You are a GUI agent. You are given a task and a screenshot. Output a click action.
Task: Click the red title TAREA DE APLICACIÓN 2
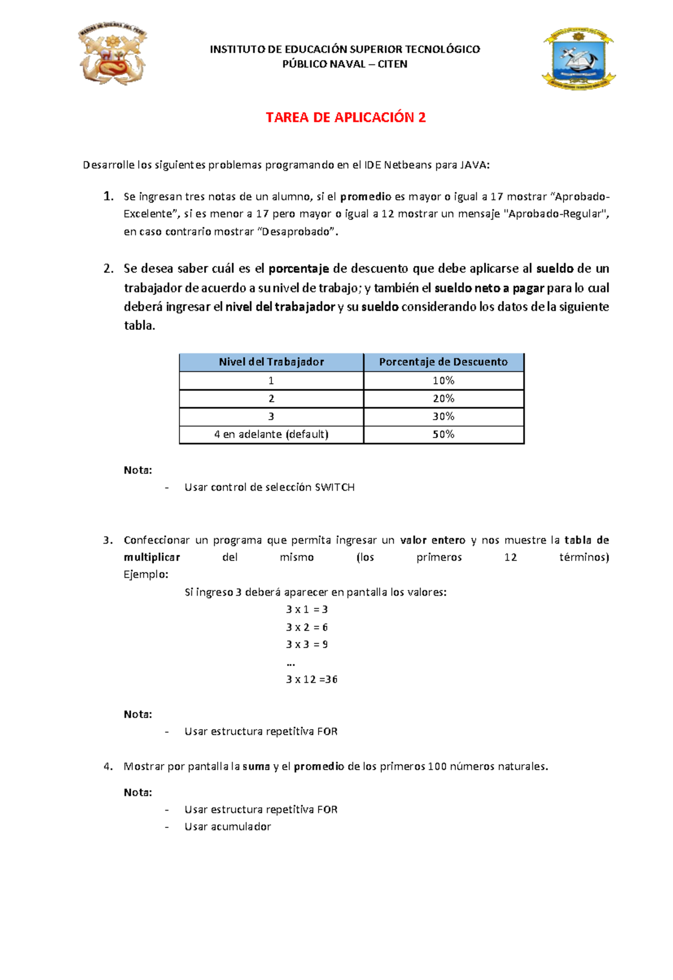click(345, 117)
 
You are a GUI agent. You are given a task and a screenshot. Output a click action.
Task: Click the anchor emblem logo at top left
click(112, 54)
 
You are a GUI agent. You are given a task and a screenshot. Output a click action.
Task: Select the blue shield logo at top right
click(578, 59)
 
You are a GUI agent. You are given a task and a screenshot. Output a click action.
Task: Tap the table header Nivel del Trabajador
click(271, 362)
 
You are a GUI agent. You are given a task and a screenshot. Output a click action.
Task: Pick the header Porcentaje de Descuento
click(443, 362)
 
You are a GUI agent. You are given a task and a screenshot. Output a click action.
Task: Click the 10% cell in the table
click(443, 381)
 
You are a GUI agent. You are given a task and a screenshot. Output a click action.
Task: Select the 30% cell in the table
click(443, 417)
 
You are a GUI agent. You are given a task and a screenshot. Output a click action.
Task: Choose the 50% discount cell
click(443, 435)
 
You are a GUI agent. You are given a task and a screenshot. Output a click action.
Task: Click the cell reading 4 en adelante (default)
click(271, 435)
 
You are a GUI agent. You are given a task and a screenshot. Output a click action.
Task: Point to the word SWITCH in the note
click(334, 487)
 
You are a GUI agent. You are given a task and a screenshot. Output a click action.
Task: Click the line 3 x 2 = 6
click(307, 627)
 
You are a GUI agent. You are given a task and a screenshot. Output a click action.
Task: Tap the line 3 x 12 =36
click(312, 679)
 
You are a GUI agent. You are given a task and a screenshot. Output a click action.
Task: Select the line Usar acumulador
click(228, 827)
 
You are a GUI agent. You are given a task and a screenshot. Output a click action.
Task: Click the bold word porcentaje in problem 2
click(298, 269)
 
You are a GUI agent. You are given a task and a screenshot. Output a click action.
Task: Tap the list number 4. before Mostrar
click(108, 766)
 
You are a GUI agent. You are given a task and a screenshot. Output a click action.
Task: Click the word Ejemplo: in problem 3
click(146, 574)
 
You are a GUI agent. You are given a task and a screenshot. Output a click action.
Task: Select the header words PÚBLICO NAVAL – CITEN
click(345, 64)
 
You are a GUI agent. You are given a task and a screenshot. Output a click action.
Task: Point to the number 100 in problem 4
click(437, 766)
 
